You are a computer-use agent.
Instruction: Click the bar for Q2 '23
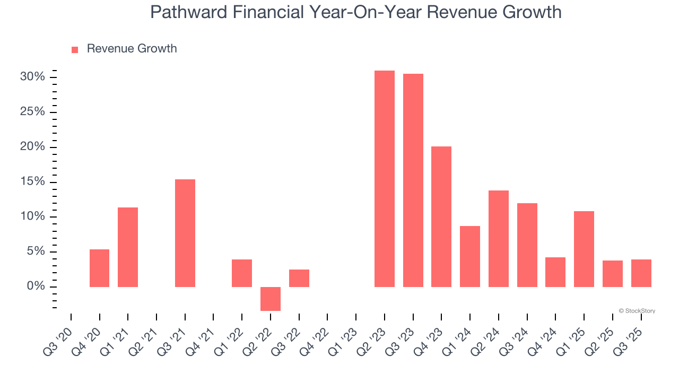[385, 179]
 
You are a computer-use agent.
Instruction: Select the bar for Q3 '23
[413, 180]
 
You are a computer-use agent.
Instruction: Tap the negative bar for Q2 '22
[271, 299]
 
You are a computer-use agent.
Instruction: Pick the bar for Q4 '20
[99, 268]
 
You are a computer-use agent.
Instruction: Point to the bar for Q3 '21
[185, 233]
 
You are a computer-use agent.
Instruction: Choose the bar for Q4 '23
[441, 216]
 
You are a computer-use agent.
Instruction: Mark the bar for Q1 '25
[584, 249]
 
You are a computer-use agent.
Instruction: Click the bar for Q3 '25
[641, 273]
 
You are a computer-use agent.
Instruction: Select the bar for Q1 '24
[470, 256]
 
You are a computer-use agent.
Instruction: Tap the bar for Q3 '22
[299, 278]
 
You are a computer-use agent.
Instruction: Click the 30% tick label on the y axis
[32, 77]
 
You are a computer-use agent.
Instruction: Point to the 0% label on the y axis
[36, 286]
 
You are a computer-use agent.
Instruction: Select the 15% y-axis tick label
[32, 182]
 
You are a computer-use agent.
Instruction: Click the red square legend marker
[75, 49]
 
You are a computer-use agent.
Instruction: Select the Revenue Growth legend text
[132, 49]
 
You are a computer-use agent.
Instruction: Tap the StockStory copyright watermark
[637, 311]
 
